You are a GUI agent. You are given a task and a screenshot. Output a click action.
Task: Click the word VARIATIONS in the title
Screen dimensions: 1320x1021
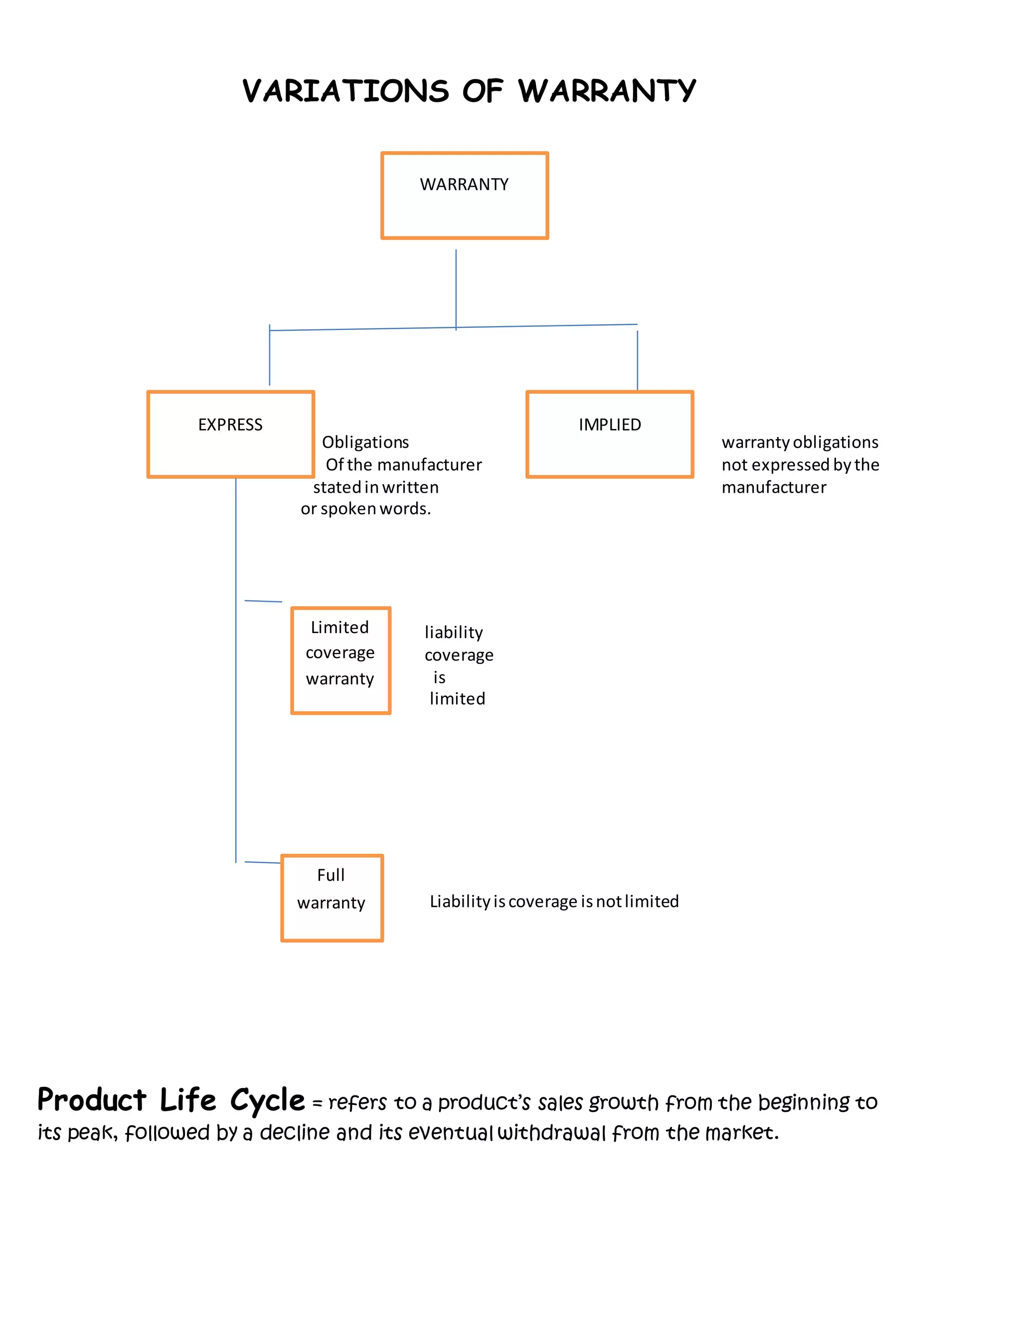[x=345, y=91]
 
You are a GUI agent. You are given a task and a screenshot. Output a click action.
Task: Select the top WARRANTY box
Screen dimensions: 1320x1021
[x=464, y=195]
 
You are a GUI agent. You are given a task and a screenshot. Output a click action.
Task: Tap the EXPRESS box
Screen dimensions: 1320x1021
[x=230, y=434]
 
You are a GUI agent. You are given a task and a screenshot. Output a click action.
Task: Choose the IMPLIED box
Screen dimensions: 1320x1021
[x=609, y=434]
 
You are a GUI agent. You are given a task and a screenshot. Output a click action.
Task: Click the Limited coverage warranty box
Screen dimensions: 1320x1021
[x=340, y=660]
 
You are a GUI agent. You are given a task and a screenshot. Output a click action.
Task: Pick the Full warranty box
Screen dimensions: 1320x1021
[x=332, y=898]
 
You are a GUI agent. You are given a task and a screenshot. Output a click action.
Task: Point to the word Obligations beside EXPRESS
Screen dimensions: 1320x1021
[x=365, y=442]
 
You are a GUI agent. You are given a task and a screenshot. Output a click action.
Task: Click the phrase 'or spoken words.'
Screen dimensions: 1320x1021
[x=365, y=509]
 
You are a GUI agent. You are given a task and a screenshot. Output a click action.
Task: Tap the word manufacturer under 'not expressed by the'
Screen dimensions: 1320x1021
[x=774, y=487]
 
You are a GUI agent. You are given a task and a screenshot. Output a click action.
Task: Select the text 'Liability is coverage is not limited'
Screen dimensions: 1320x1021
[x=554, y=901]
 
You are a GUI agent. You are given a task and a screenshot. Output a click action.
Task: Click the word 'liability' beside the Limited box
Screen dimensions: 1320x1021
[x=454, y=632]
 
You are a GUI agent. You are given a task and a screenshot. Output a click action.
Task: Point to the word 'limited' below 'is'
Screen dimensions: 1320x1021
[x=457, y=699]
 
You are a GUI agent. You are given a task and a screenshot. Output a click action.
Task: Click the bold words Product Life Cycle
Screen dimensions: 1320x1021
[x=170, y=1100]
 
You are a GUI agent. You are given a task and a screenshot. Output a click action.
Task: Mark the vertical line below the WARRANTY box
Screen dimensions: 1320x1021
[x=456, y=288]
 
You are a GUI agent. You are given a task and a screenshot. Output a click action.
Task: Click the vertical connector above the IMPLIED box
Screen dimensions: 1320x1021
[x=638, y=360]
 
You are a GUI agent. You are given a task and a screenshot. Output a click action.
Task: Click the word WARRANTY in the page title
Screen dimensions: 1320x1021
[x=607, y=91]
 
